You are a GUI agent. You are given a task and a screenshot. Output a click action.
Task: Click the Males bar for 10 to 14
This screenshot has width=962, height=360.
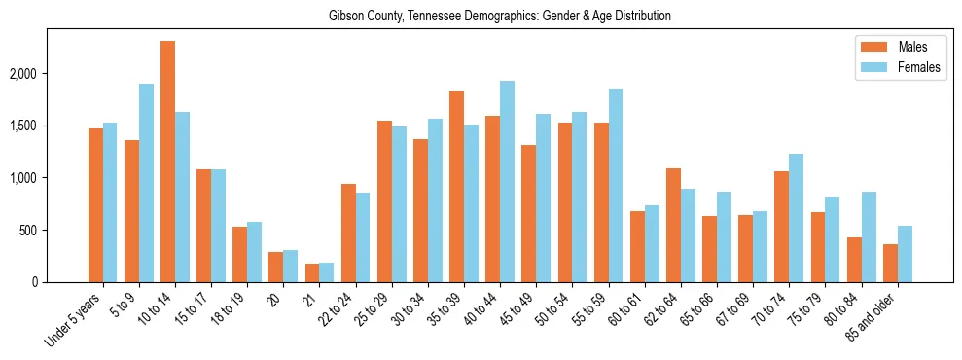pos(167,162)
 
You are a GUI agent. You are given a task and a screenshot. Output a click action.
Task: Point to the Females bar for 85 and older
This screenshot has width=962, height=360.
pos(905,254)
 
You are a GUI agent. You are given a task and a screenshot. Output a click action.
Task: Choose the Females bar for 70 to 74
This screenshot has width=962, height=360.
pos(797,218)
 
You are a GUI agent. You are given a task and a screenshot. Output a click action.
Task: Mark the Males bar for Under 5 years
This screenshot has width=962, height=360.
pos(95,205)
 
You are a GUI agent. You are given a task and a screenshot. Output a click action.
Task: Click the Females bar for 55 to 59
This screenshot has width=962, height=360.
pos(615,186)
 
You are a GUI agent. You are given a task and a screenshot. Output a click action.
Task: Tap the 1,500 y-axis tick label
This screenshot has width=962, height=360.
pos(51,126)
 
